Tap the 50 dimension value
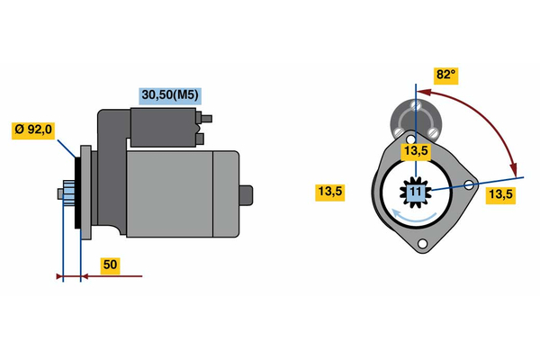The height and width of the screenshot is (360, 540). (x=109, y=265)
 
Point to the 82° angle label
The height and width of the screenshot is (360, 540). (x=445, y=76)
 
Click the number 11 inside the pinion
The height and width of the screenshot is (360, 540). (x=415, y=192)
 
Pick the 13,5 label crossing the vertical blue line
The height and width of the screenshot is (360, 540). (x=415, y=151)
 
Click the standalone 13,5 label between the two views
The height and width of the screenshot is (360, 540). (x=330, y=191)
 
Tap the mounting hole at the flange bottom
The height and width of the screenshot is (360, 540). (x=425, y=246)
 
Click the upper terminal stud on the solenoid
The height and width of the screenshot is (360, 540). (x=208, y=117)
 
